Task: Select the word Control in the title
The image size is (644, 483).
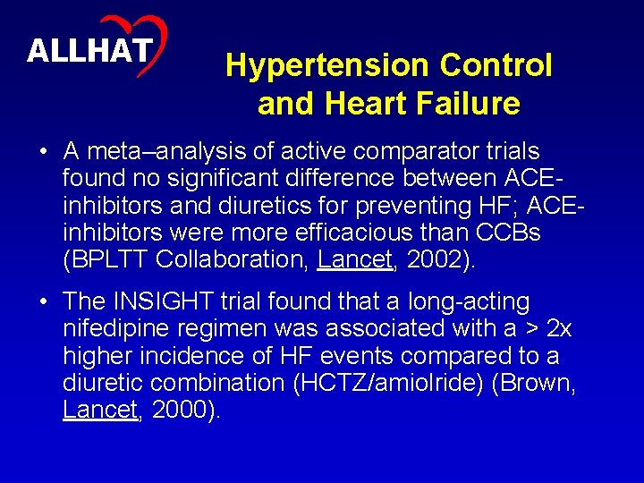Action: pyautogui.click(x=496, y=65)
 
